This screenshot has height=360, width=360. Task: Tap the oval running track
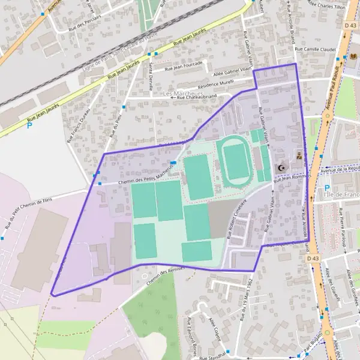238,160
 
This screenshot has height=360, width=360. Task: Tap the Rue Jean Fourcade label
184,67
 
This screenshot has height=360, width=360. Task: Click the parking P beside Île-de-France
326,187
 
